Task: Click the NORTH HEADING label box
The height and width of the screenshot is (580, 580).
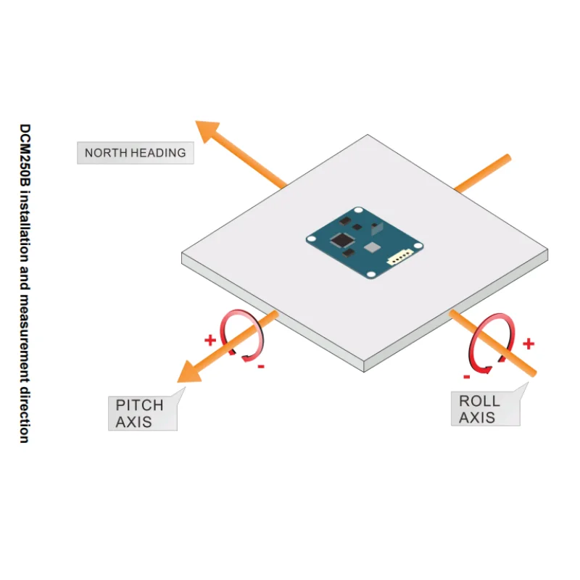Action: [x=136, y=153]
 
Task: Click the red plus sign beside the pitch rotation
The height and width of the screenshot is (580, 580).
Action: [x=210, y=339]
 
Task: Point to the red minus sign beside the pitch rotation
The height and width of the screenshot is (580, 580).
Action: [x=261, y=367]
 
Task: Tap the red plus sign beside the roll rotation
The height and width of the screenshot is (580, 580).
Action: [x=529, y=343]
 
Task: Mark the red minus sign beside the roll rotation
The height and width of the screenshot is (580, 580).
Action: [x=466, y=376]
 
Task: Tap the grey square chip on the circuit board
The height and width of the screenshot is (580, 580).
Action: [x=372, y=247]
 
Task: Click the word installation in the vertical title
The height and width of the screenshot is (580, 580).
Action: [x=25, y=224]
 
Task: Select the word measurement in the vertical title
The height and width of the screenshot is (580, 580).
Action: [x=25, y=329]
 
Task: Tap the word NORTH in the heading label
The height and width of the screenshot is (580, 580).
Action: [x=104, y=153]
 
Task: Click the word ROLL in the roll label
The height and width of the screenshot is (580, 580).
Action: [x=479, y=400]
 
